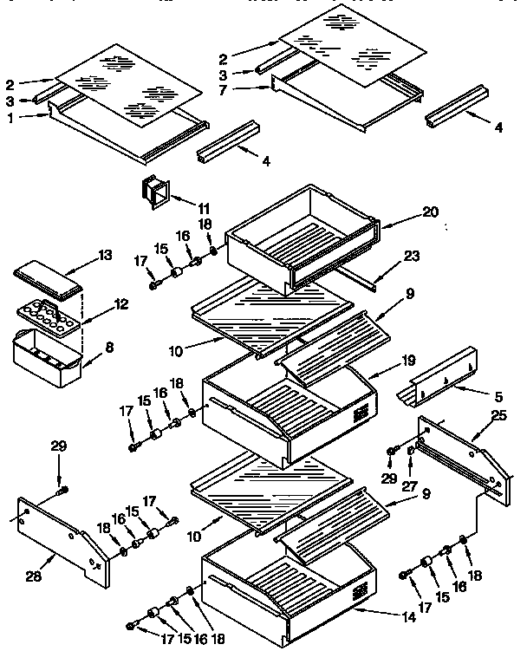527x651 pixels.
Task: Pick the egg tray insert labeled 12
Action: pos(48,313)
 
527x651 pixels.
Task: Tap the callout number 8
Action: pos(108,348)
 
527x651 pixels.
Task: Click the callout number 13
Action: pos(105,255)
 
